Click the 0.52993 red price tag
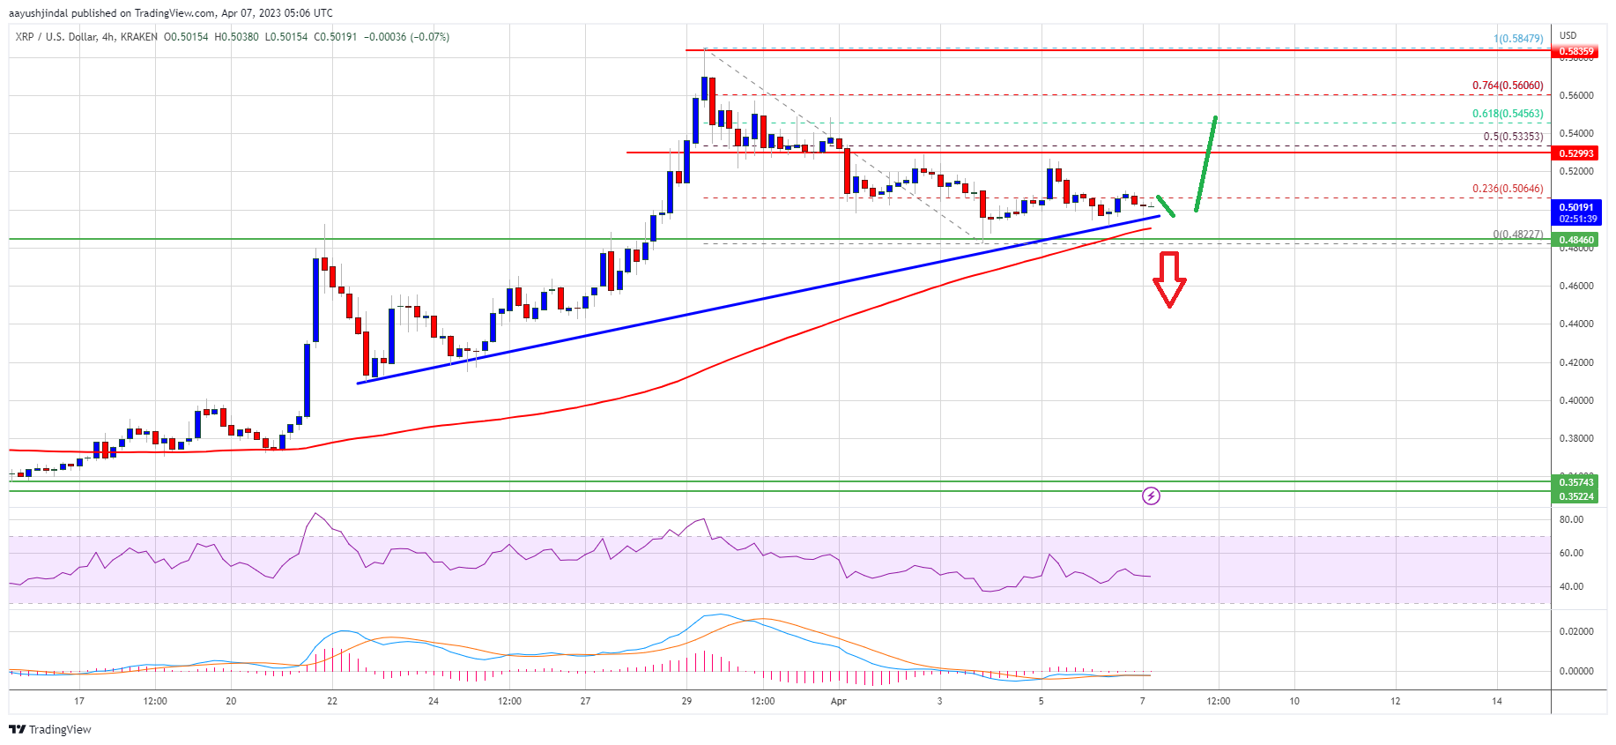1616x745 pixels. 1576,153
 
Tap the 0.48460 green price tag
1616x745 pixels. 1576,240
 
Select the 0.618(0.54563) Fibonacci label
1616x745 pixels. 1508,114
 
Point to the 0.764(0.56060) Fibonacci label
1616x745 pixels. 1508,86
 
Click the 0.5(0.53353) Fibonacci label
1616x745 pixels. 1513,137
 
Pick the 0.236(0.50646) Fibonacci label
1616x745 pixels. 1508,189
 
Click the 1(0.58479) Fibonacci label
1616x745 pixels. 1518,39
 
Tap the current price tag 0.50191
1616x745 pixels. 1576,208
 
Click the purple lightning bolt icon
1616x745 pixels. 1151,496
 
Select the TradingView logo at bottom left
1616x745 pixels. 50,729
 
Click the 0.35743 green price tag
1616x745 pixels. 1576,482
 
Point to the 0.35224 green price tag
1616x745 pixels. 1576,496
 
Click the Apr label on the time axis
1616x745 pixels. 839,701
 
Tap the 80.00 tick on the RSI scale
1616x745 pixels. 1571,519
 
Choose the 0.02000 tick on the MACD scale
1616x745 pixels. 1576,631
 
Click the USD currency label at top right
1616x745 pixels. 1568,36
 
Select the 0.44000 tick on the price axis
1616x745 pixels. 1576,324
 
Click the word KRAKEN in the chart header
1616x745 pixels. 139,37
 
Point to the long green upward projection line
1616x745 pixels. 1206,164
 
